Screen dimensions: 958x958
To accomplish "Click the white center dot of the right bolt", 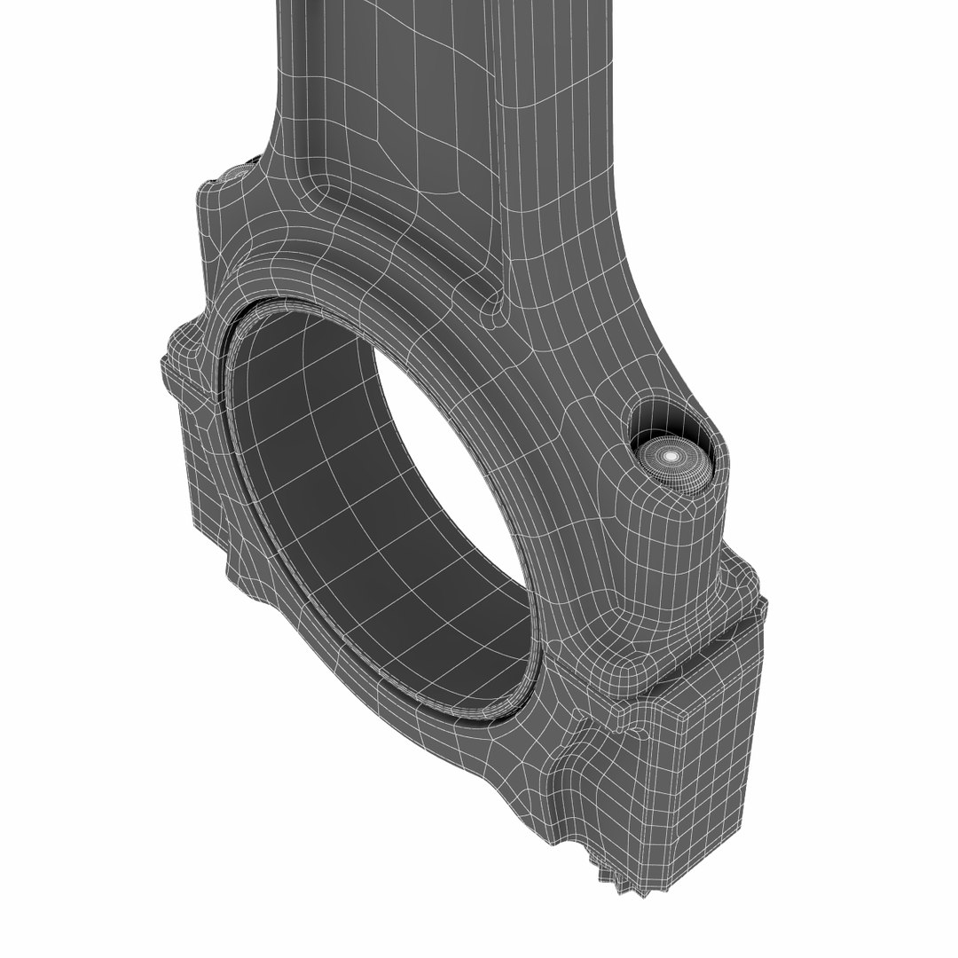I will coord(671,455).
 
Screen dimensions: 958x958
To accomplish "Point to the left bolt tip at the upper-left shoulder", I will coord(237,169).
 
